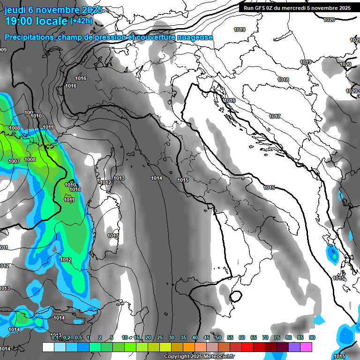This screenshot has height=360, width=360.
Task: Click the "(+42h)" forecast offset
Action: coord(81,21)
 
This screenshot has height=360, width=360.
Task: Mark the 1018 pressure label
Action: coord(283,80)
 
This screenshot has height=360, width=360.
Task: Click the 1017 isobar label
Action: coord(275,116)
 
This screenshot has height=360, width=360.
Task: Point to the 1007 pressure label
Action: coord(14,161)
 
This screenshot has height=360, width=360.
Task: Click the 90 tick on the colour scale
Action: coord(312,338)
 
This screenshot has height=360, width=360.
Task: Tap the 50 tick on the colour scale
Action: coord(218,338)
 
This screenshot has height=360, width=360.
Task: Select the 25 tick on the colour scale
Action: coord(160,338)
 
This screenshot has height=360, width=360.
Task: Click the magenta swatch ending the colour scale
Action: coord(306,347)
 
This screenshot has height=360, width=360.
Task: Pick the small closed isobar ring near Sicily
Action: coord(236,296)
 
